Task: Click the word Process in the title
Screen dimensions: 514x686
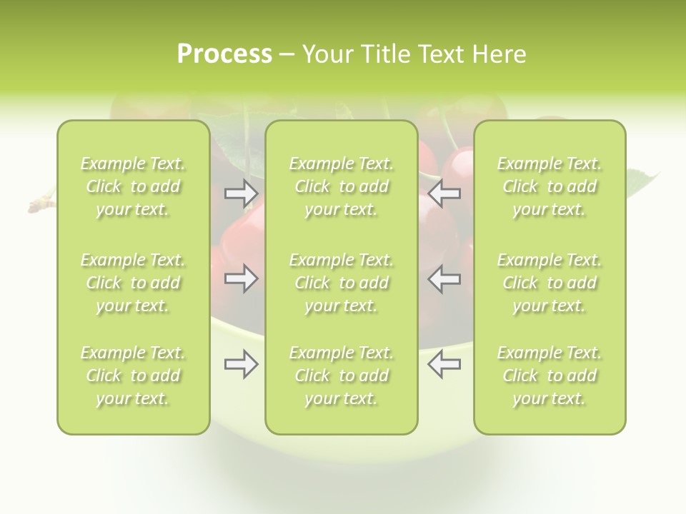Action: [x=224, y=54]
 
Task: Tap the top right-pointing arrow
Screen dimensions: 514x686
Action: [x=241, y=193]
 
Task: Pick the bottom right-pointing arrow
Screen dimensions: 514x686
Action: [x=241, y=364]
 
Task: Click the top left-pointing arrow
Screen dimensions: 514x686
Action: [x=444, y=193]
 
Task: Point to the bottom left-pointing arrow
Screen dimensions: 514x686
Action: [x=444, y=364]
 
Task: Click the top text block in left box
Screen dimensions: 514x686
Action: [x=133, y=186]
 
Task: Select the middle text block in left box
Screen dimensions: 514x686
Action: [x=133, y=283]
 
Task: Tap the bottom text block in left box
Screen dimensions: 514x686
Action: [x=133, y=376]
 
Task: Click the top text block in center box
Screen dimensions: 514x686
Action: [x=341, y=186]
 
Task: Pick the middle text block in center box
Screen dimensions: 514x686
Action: [x=341, y=283]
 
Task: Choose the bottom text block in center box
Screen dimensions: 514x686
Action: [x=341, y=376]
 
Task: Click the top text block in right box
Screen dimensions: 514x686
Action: [x=550, y=186]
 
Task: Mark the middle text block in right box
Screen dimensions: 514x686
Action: [x=550, y=283]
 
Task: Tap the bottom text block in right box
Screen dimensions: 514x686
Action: [x=550, y=376]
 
